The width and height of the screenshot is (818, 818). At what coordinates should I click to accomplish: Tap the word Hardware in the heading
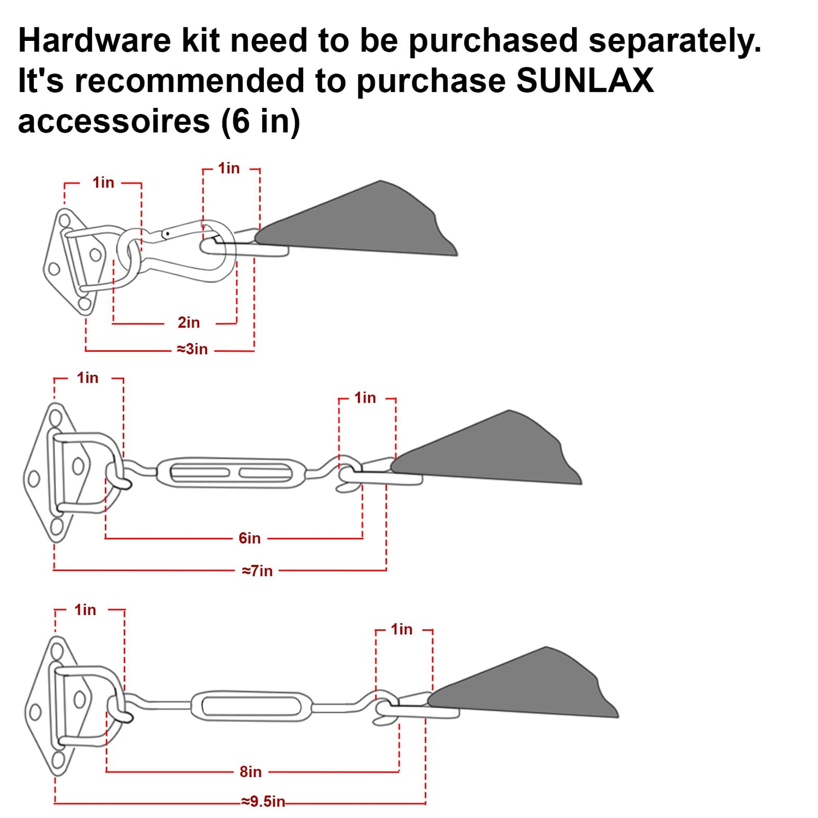pos(94,40)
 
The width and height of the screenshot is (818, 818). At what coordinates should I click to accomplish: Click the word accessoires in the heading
pos(114,121)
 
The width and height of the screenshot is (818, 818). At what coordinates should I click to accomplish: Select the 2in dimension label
pos(189,323)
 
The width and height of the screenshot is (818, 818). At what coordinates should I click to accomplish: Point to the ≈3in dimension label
pos(193,349)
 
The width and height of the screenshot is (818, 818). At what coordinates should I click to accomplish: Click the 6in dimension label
pos(250,538)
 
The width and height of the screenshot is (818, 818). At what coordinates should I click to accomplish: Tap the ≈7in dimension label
pos(257,571)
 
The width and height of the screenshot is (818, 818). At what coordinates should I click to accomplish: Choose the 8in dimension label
pos(251,772)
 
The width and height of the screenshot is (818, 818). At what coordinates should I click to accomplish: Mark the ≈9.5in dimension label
pos(263,801)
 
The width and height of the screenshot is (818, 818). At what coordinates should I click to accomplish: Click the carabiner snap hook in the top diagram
pos(188,251)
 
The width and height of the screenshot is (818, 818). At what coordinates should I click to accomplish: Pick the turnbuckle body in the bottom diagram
pos(252,706)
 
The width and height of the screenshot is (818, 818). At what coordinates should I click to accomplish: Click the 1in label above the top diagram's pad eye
pos(104,182)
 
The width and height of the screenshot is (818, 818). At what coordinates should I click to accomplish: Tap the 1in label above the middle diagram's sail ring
pos(365,398)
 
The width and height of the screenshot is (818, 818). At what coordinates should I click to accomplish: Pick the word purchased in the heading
pos(493,40)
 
